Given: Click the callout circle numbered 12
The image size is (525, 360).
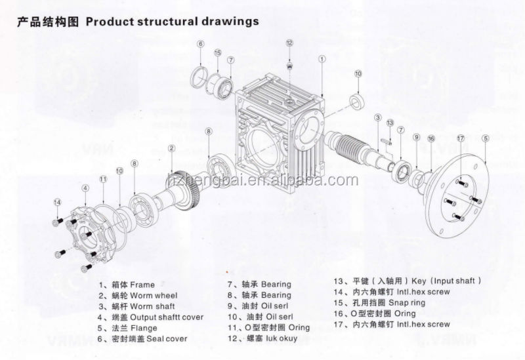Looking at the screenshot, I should point(289,43).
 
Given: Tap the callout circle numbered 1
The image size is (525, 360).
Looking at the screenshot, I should point(322,58).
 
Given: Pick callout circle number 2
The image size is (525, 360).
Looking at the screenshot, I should point(171,149).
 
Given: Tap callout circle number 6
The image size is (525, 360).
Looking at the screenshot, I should point(200,44).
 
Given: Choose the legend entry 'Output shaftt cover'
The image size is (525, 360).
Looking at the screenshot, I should point(166,317).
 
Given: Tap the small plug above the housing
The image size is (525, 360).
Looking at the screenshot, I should point(289,65).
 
